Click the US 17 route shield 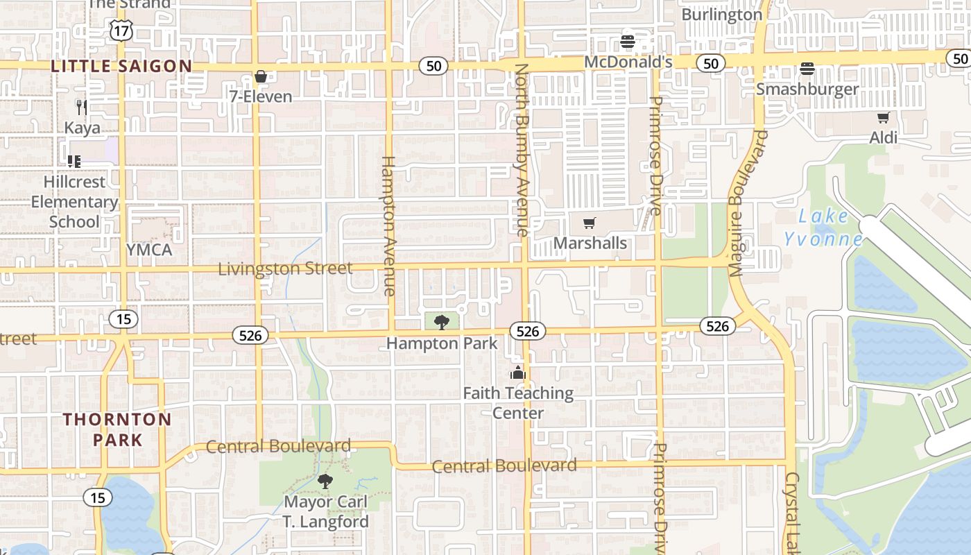click(121, 29)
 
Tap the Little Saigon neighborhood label click(121, 67)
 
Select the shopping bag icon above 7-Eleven click(261, 76)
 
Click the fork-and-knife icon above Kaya click(82, 106)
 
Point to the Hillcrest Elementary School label click(74, 202)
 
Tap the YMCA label click(149, 250)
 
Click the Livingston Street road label click(285, 268)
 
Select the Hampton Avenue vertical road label click(388, 225)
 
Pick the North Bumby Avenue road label click(522, 149)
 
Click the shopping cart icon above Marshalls click(590, 223)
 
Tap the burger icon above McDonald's click(628, 42)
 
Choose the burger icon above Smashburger click(807, 69)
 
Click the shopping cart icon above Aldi click(883, 118)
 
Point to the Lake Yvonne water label click(823, 228)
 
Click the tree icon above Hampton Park click(441, 323)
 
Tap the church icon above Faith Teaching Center click(517, 373)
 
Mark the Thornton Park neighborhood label click(117, 429)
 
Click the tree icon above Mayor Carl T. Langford click(325, 481)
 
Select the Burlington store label click(721, 15)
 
